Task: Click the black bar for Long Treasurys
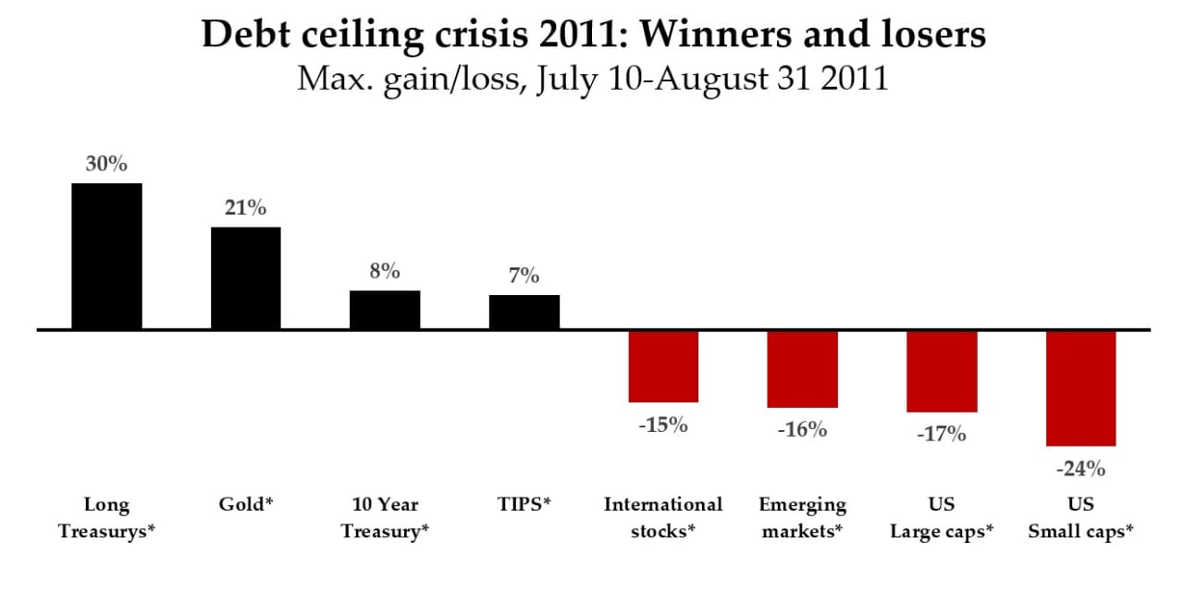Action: (106, 256)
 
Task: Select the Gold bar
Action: (246, 278)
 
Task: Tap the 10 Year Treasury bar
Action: (385, 310)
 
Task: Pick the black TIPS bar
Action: (524, 312)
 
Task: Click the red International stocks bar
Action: (663, 366)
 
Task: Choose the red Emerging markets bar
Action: (802, 369)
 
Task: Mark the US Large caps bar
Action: (942, 372)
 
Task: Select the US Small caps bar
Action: (1081, 388)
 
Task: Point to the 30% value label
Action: (106, 164)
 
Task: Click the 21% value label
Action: (246, 208)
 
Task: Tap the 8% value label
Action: (385, 271)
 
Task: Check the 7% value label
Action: (524, 276)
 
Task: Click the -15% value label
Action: (663, 425)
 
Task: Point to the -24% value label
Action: (1081, 469)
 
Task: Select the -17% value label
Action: (942, 435)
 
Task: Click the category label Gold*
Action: (246, 504)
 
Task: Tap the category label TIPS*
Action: (524, 504)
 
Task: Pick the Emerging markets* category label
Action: (802, 518)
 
